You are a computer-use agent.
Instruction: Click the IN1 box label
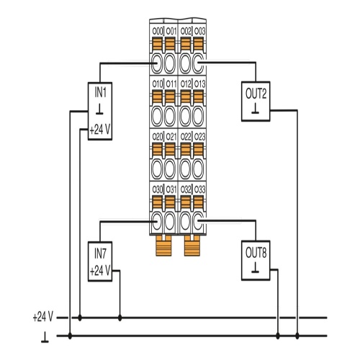[100, 93]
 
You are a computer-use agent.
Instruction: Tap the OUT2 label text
[256, 94]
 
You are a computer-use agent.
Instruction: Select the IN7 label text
[100, 253]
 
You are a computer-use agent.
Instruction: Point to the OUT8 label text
[256, 253]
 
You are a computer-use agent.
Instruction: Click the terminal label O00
[158, 31]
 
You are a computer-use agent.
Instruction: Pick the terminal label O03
[199, 31]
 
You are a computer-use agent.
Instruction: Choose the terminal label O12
[186, 84]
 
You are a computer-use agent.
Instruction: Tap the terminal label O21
[171, 137]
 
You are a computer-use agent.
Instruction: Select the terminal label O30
[158, 189]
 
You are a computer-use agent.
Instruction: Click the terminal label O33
[199, 189]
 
